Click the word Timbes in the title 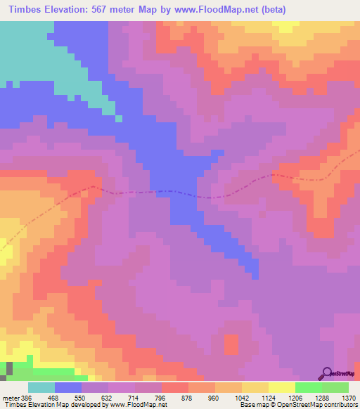(22, 8)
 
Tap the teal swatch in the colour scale (41, 387)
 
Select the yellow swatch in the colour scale (281, 387)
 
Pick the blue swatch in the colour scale (68, 387)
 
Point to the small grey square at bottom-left (10, 368)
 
